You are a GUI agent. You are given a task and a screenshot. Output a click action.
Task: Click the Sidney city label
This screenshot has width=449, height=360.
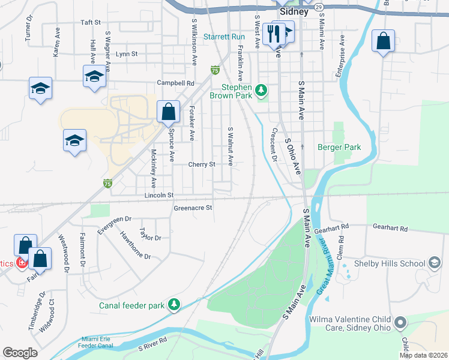[x=294, y=11]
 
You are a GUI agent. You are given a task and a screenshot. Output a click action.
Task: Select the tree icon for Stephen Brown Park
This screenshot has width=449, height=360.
[x=261, y=90]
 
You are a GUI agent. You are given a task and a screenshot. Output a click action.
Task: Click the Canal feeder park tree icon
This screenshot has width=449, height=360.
[x=174, y=305]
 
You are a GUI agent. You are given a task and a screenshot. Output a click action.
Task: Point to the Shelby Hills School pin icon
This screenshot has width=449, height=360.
[x=434, y=263]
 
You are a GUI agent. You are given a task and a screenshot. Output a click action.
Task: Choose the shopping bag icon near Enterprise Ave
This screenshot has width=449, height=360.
[x=382, y=41]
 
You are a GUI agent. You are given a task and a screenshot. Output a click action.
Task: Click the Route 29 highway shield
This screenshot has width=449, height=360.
[x=319, y=7]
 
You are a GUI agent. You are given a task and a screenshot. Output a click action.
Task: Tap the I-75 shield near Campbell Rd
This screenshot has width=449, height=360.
[x=214, y=71]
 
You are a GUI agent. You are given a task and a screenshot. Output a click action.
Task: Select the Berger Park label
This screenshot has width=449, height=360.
[x=339, y=147]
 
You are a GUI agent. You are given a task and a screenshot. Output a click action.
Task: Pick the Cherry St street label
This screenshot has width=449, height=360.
[x=202, y=164]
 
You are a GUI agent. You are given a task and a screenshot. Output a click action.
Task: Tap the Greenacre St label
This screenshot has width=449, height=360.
[x=193, y=208]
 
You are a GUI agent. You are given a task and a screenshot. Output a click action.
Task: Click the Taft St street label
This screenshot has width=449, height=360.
[x=90, y=22]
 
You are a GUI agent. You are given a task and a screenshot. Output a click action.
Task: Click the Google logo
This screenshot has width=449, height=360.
[x=20, y=353]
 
